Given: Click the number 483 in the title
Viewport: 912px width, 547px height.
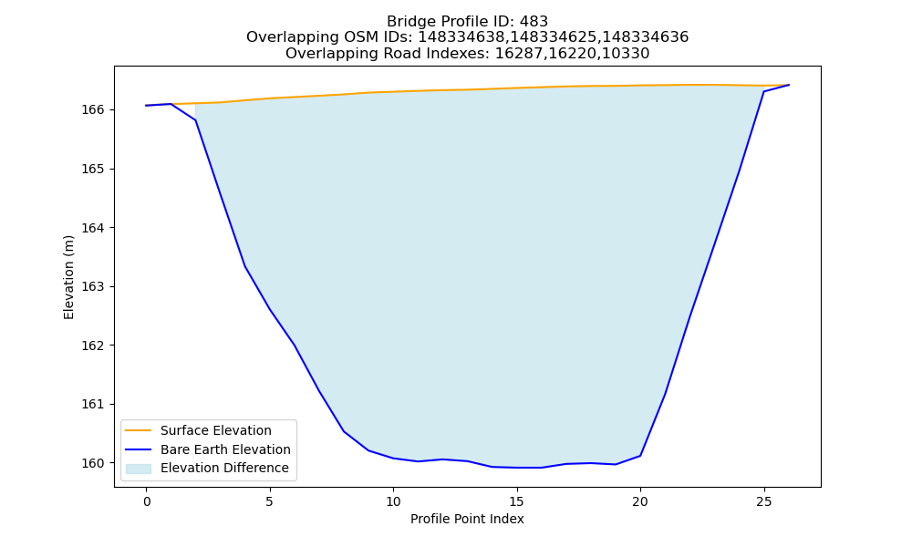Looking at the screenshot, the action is tap(534, 22).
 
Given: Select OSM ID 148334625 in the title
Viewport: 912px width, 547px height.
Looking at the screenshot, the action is tap(554, 37).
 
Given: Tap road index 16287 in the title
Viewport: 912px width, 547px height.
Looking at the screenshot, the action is tap(518, 54).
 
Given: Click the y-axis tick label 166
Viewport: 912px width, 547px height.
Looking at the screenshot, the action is tap(92, 110).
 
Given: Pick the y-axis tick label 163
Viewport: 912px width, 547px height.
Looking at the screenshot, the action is tap(92, 286).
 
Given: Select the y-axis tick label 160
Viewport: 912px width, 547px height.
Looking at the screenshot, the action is tap(92, 463).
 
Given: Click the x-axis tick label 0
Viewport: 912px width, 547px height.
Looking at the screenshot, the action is tap(147, 501).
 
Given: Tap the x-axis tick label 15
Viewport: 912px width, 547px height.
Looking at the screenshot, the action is tap(516, 501).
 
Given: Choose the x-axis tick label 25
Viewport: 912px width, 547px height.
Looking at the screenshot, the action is tap(763, 501).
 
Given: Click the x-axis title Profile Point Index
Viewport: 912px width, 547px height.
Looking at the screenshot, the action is tap(467, 519).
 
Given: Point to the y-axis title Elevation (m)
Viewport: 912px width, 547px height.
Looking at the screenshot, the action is tap(68, 277).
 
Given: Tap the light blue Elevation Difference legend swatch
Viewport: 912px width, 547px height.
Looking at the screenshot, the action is tap(139, 469).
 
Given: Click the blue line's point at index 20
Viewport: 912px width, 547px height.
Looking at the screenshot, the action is tap(640, 456).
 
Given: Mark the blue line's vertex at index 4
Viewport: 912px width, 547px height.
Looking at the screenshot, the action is tap(244, 266).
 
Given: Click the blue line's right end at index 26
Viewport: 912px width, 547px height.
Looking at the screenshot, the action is tap(789, 85).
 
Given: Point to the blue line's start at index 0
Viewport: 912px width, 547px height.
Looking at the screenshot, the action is tap(147, 106).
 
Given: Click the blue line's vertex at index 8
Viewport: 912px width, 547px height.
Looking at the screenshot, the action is tap(344, 431).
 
